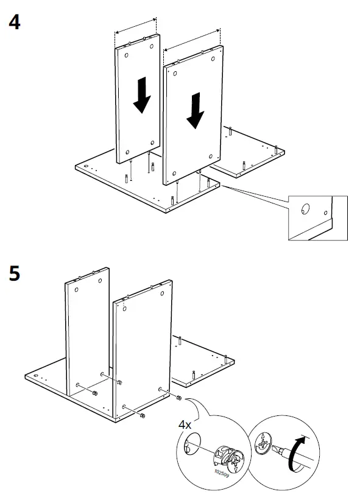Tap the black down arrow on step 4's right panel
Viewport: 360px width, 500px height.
tap(196, 110)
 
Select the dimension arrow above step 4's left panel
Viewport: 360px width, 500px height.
tap(136, 24)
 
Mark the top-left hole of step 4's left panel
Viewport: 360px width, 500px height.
tap(126, 55)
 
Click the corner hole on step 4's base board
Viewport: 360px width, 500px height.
tap(86, 167)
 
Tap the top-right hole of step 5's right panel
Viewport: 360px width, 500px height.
tap(162, 294)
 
